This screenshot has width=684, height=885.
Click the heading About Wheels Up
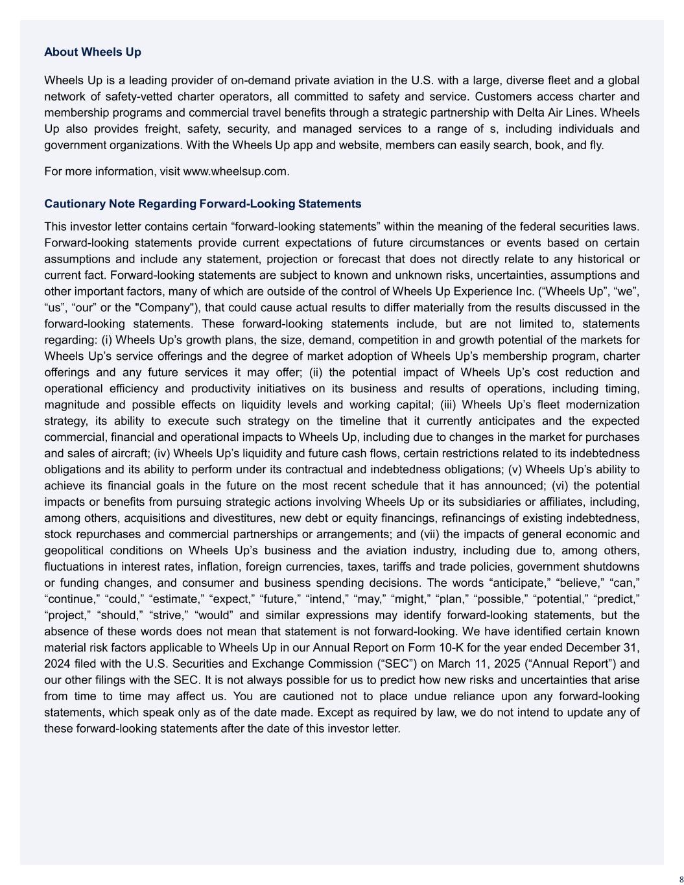[x=93, y=52]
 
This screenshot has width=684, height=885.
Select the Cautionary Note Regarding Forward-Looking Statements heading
[x=202, y=204]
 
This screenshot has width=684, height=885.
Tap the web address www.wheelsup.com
[x=235, y=171]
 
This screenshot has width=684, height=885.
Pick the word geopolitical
[x=74, y=550]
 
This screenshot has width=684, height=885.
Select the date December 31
[x=602, y=648]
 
